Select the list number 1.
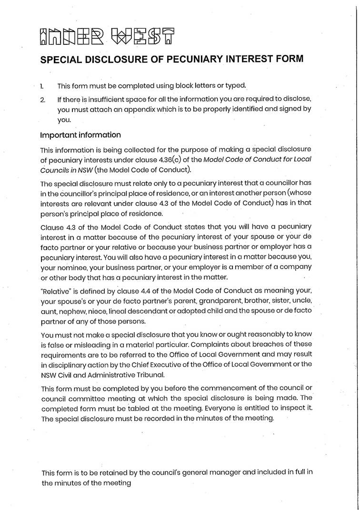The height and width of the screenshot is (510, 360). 42,86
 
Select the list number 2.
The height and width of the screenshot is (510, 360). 42,100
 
